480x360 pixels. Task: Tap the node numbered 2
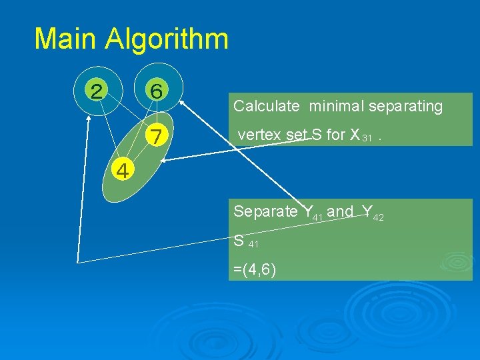(x=97, y=91)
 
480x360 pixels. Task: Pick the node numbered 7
(x=156, y=137)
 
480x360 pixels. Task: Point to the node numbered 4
(x=122, y=171)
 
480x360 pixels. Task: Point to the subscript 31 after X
(x=366, y=138)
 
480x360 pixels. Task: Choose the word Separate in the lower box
(x=265, y=212)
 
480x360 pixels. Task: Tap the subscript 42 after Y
(x=378, y=217)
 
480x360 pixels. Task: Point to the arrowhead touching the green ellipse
(x=164, y=159)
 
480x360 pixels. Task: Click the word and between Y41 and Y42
(x=341, y=211)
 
